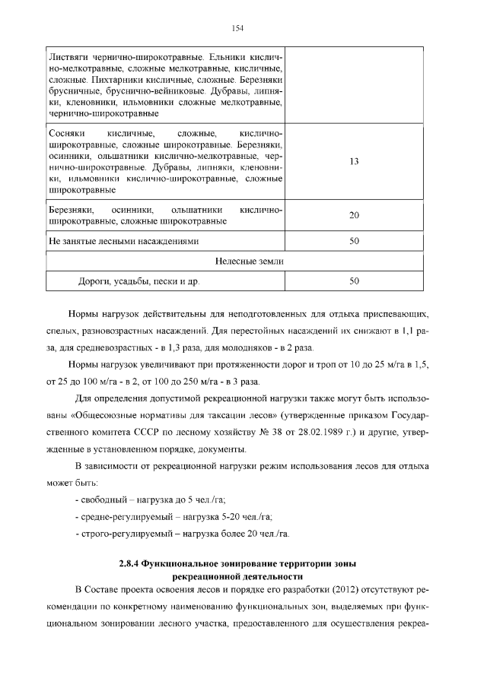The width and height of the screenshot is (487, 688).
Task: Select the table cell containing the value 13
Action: pos(354,162)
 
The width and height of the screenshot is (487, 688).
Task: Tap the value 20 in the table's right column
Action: pos(354,215)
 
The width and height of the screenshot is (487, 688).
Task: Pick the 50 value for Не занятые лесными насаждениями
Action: pos(354,241)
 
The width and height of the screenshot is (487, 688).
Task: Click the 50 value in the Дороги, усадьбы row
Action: pos(354,281)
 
